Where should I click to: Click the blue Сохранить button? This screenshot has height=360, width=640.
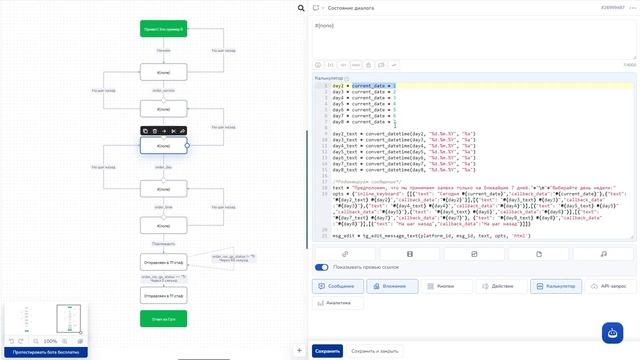pos(327,351)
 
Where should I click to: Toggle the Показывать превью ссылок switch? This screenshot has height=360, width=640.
pos(322,267)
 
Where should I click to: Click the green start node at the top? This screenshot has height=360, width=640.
pos(163,29)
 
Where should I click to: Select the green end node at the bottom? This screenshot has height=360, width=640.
pos(163,319)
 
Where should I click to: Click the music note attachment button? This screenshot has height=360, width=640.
pos(604,254)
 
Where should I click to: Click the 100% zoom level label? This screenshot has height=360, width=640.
pos(50,341)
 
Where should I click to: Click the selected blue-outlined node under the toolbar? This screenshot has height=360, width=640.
pos(163,146)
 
